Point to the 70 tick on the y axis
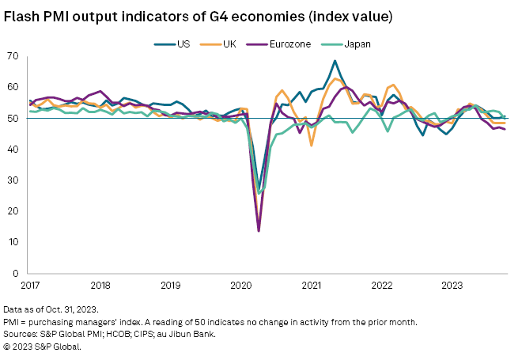(x=14, y=56)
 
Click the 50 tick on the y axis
(x=14, y=119)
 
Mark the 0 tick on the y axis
(x=17, y=273)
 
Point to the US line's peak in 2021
(x=335, y=61)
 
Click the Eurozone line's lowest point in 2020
(x=259, y=231)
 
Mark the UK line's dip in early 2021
(x=312, y=146)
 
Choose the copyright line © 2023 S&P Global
(x=43, y=345)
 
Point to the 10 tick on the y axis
(x=14, y=242)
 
